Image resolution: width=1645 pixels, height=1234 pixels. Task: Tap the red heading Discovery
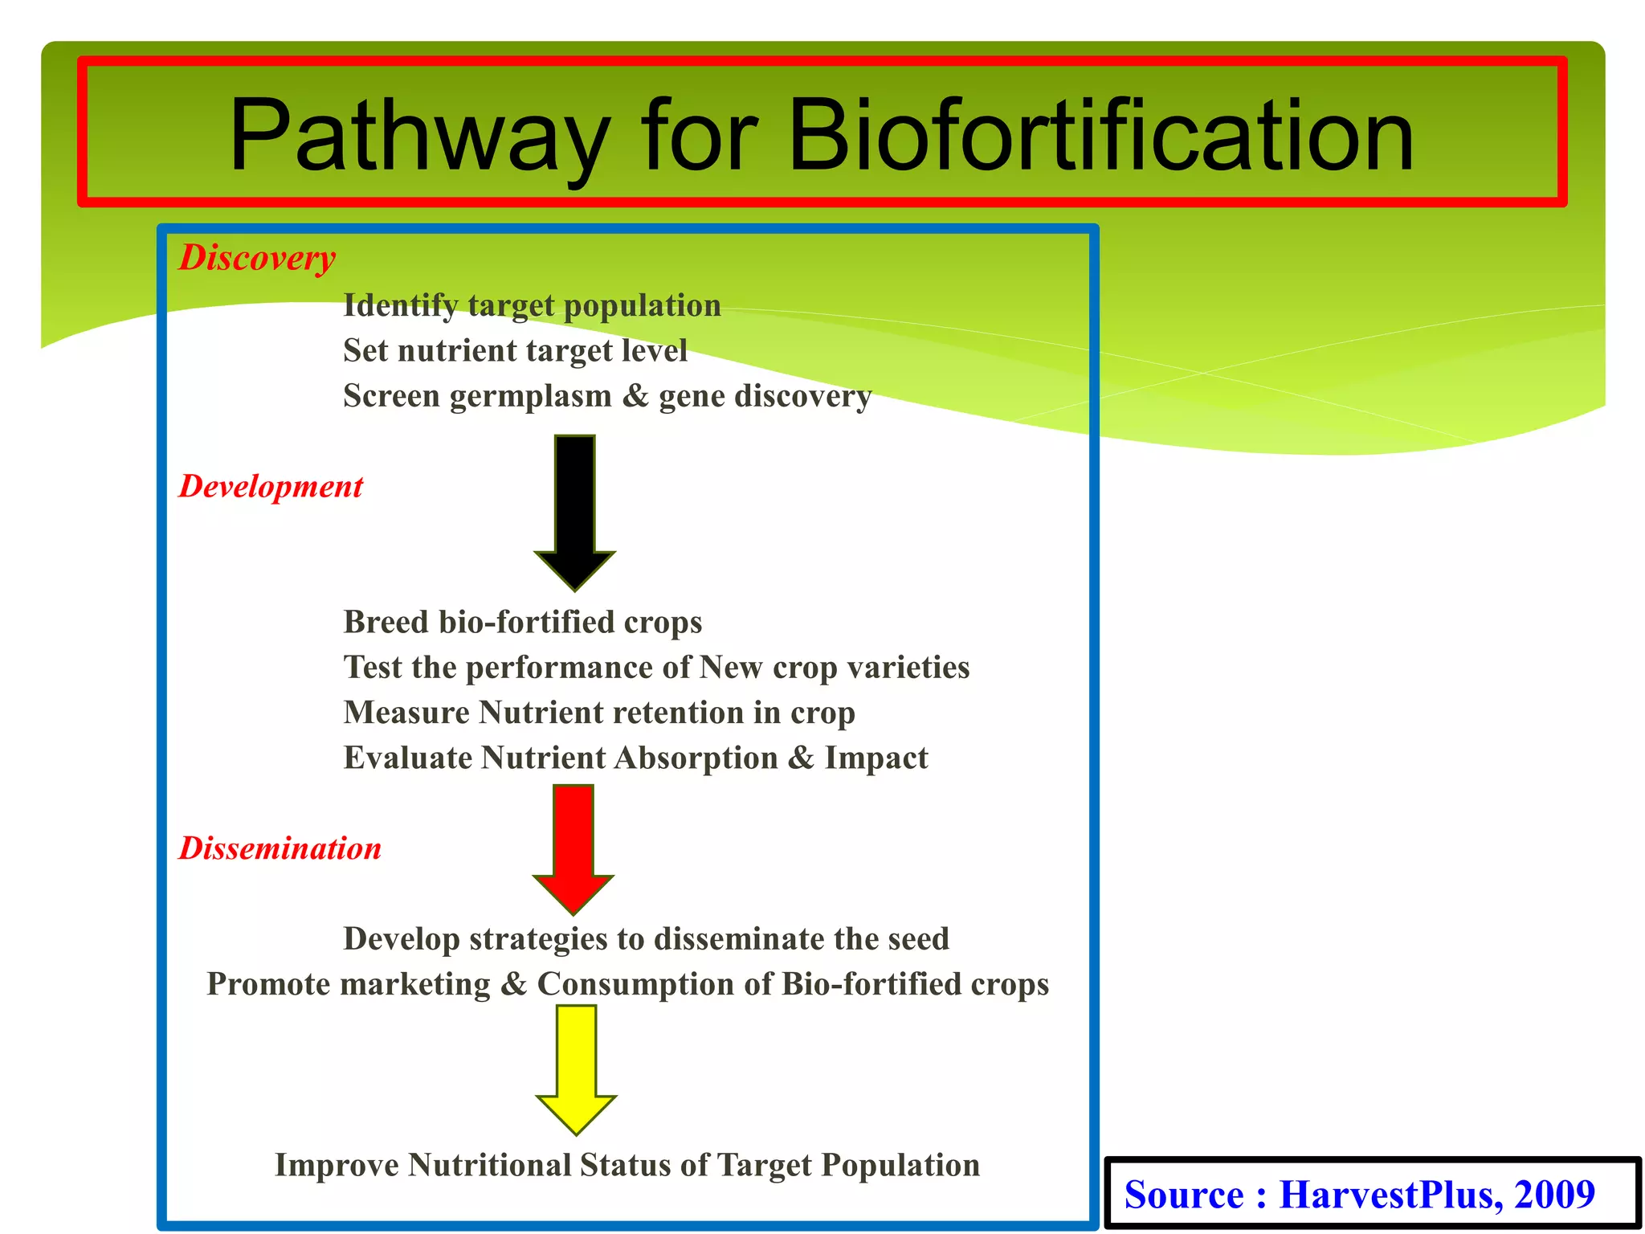[257, 259]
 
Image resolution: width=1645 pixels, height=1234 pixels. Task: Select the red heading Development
[271, 487]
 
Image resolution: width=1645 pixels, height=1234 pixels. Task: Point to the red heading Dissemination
[280, 849]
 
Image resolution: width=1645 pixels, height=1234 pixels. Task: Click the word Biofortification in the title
[1100, 135]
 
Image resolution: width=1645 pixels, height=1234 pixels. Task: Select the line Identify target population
[532, 306]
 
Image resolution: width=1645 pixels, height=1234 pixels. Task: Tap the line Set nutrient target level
[515, 351]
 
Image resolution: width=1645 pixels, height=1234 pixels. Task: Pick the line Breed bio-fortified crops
[523, 623]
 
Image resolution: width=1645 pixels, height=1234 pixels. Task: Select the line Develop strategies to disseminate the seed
[646, 939]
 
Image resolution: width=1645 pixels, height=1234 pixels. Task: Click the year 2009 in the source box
[1554, 1195]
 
